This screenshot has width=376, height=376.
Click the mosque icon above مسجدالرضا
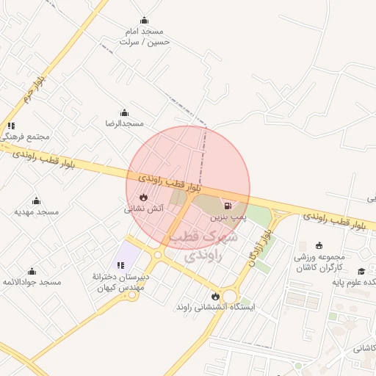point(124,113)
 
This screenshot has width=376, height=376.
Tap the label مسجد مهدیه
point(37,211)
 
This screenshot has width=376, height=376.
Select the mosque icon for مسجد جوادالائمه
point(32,272)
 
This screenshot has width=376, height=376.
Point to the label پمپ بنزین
point(225,218)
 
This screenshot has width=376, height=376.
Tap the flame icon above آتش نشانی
point(143,198)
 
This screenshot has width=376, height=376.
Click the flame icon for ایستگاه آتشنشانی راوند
point(215,296)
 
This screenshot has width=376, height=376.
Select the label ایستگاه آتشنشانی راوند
point(215,307)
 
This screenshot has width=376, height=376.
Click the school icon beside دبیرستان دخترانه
point(120,265)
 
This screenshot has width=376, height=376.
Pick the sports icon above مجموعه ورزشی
point(318,246)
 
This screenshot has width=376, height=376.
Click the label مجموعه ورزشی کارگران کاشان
point(323,264)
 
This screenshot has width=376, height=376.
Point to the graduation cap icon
point(361,272)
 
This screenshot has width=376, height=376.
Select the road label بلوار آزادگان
point(262,247)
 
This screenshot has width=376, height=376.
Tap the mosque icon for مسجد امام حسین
point(144,21)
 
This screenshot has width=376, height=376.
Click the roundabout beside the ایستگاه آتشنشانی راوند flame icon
point(231,297)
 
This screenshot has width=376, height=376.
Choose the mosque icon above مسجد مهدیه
point(36,200)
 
